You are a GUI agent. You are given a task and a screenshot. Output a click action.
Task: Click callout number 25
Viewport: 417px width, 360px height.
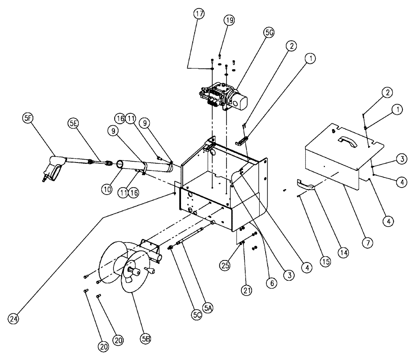click(x=226, y=265)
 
